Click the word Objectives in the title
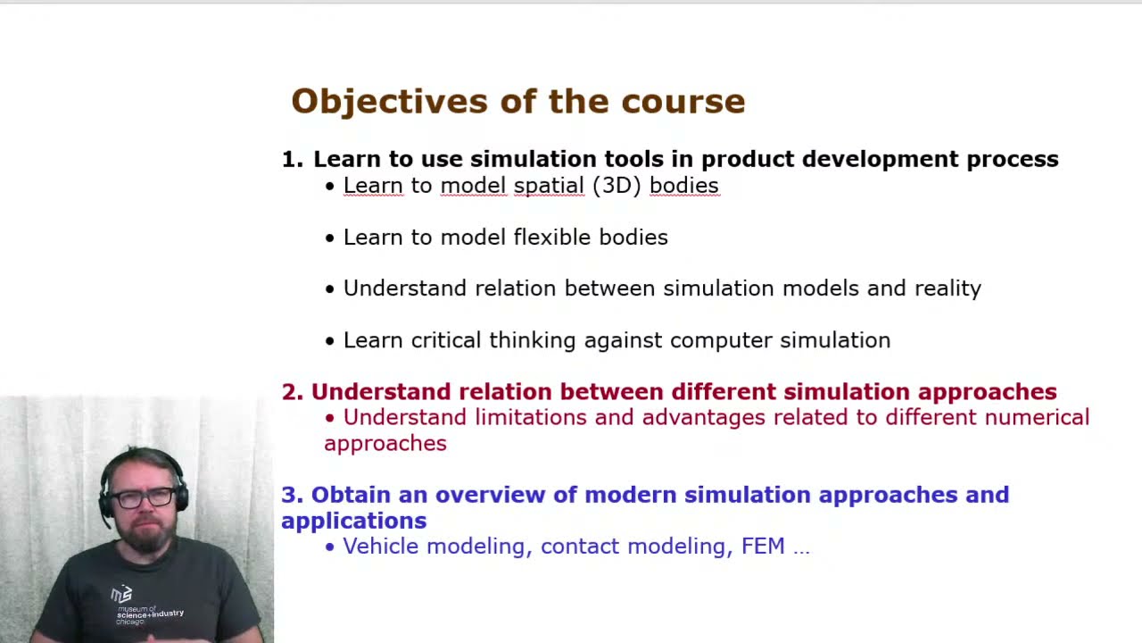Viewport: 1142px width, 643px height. click(x=390, y=102)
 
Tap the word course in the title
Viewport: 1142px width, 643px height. click(x=683, y=102)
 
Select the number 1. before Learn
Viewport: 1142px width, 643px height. click(x=293, y=159)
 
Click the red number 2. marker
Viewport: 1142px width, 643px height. click(x=293, y=392)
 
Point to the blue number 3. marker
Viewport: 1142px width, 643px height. click(x=293, y=495)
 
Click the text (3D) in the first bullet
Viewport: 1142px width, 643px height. click(x=617, y=186)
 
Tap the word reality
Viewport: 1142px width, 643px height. click(x=948, y=289)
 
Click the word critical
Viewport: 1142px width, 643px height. click(x=446, y=340)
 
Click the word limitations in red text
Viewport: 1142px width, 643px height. click(x=530, y=417)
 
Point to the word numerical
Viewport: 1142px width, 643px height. click(x=1037, y=417)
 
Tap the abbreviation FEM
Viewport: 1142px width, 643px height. click(x=763, y=547)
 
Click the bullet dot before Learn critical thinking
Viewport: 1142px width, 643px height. click(x=330, y=341)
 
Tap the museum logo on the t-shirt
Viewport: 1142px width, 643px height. click(x=122, y=594)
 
